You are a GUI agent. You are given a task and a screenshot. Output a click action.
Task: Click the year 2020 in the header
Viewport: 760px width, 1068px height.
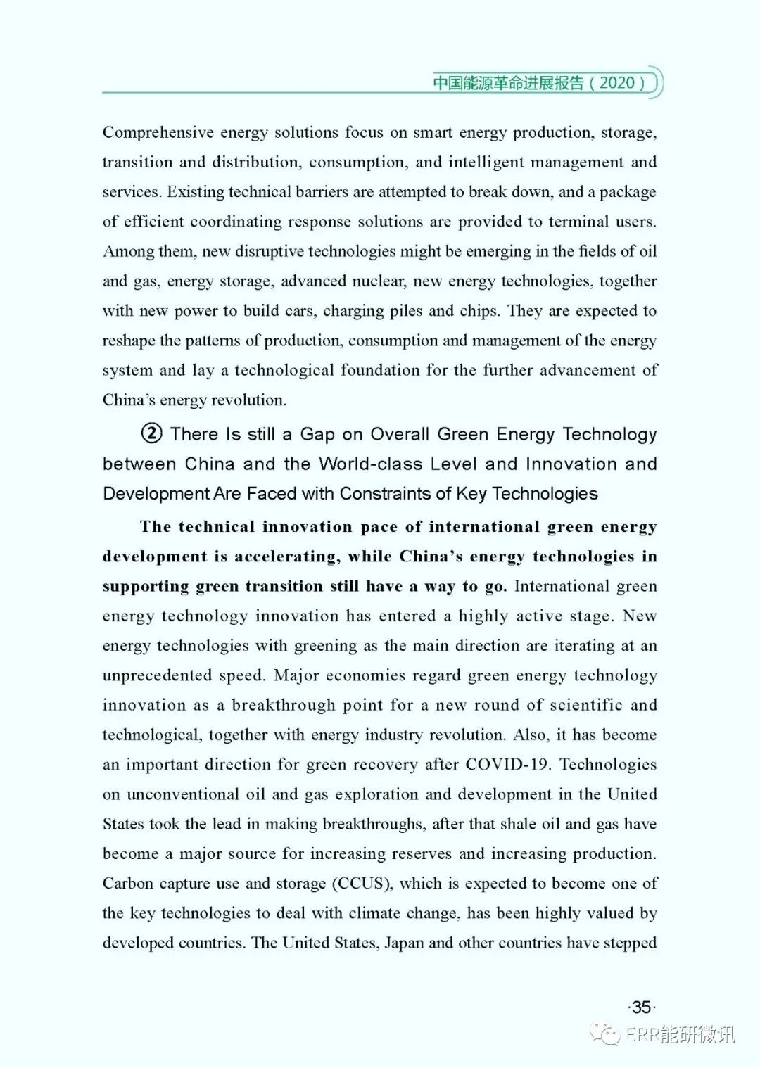click(x=617, y=83)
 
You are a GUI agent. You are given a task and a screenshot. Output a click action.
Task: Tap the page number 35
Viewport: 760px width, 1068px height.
click(x=641, y=1007)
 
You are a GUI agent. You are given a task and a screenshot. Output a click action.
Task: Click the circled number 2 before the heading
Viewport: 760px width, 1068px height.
click(x=152, y=433)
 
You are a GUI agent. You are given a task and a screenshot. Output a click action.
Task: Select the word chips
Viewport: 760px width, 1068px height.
click(x=479, y=311)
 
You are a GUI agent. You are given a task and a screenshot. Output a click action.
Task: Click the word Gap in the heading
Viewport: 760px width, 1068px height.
click(x=317, y=434)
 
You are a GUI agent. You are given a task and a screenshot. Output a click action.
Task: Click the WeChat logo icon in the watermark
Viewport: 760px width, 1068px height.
click(x=605, y=1034)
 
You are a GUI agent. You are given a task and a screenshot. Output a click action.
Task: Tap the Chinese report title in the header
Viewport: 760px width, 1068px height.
click(x=508, y=83)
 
